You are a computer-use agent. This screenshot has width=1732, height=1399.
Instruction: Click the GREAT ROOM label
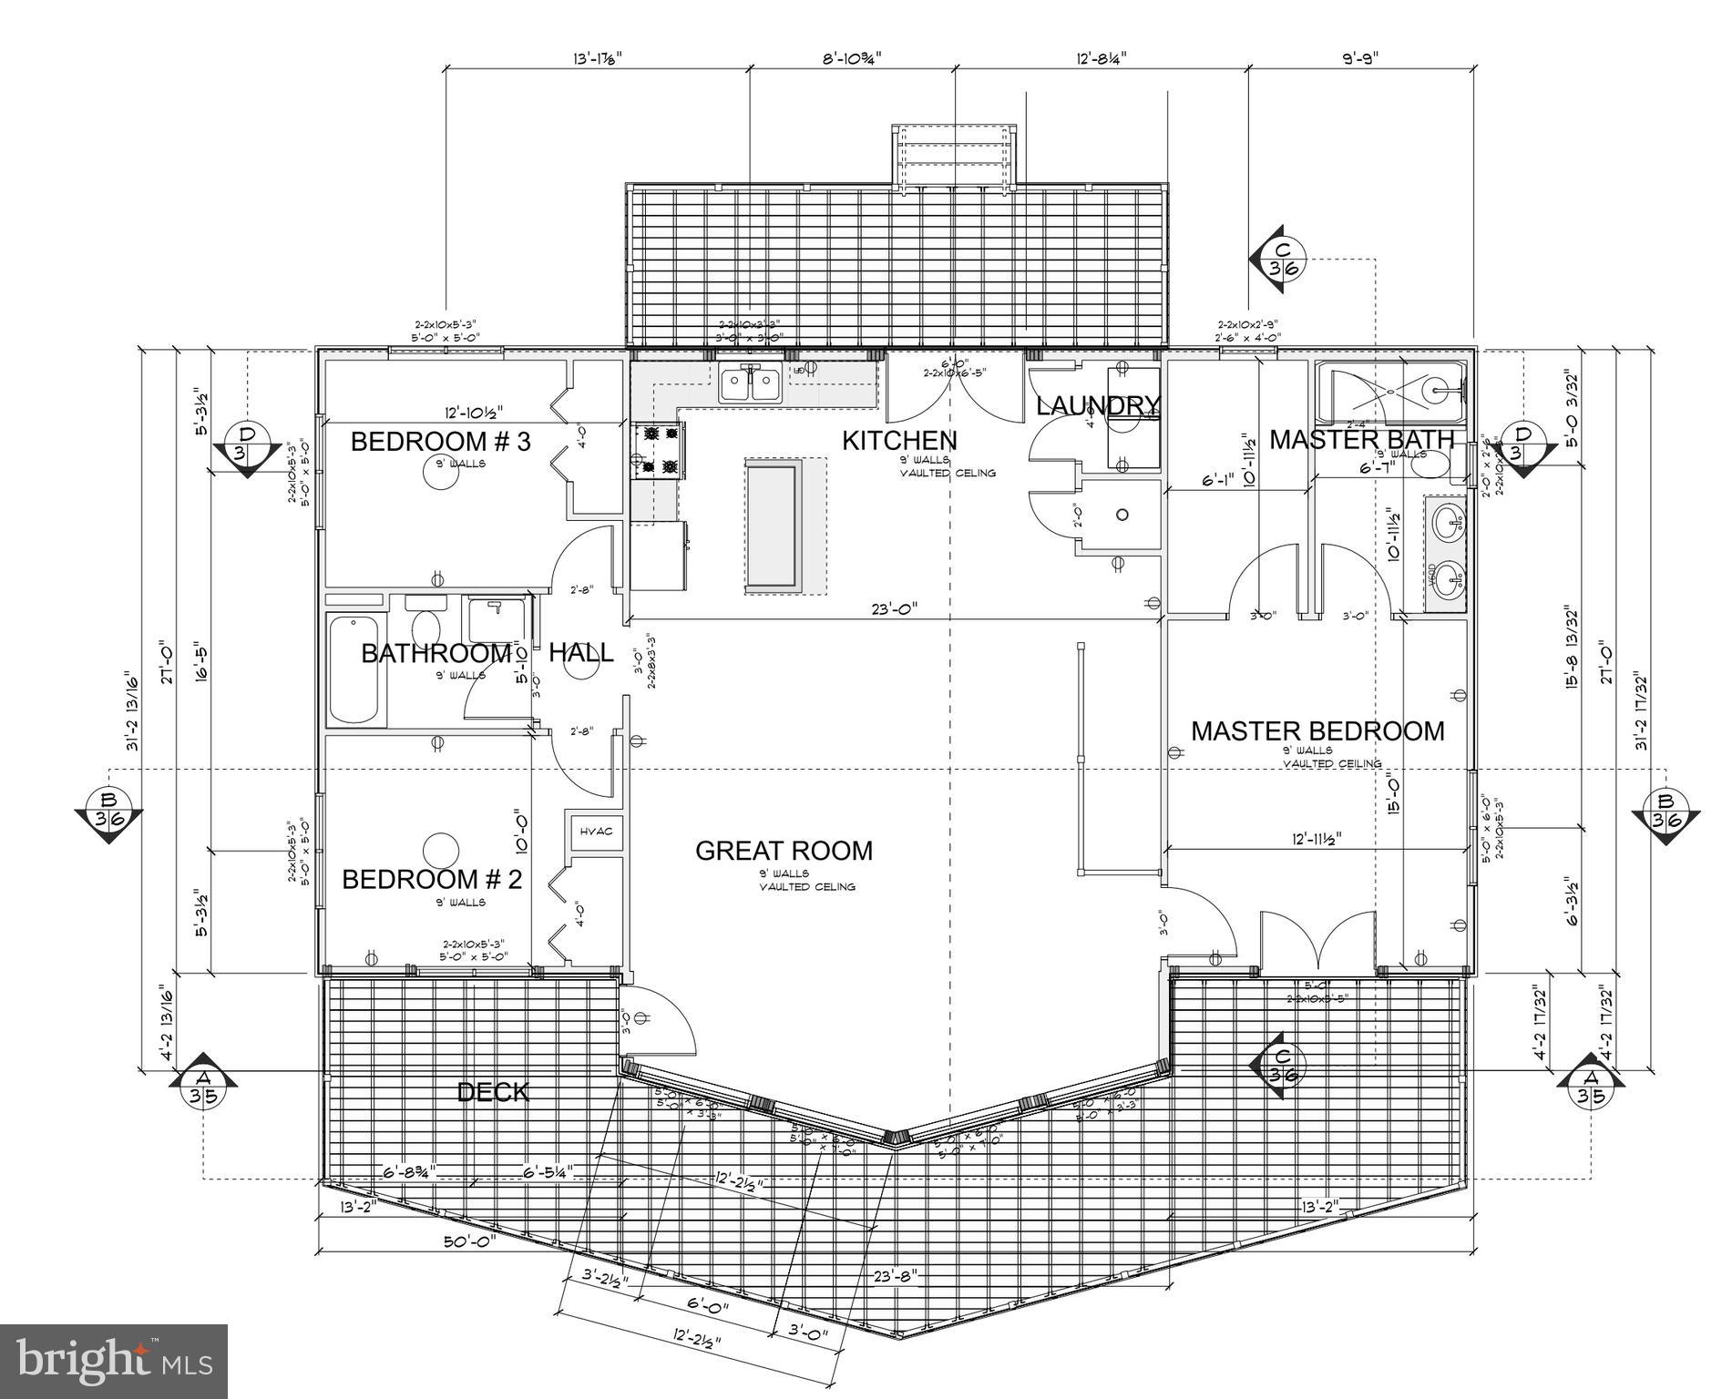click(x=784, y=851)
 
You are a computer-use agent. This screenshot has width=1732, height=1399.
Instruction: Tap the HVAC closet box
click(x=597, y=831)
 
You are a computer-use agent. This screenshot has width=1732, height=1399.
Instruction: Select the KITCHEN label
click(x=898, y=441)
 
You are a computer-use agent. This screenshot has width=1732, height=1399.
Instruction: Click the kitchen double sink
click(x=751, y=383)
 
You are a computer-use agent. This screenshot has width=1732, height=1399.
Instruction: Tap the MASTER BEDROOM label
click(x=1317, y=731)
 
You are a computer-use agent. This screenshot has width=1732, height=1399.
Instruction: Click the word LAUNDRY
click(x=1098, y=405)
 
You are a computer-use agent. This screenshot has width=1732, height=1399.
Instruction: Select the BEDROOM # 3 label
click(x=440, y=442)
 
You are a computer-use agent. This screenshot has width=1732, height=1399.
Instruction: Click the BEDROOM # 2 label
click(x=432, y=880)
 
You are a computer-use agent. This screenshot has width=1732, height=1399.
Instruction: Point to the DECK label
click(x=493, y=1092)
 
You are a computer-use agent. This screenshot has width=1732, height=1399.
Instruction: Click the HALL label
click(x=580, y=653)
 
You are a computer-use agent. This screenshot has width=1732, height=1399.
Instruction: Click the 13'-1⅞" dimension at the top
click(x=597, y=58)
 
